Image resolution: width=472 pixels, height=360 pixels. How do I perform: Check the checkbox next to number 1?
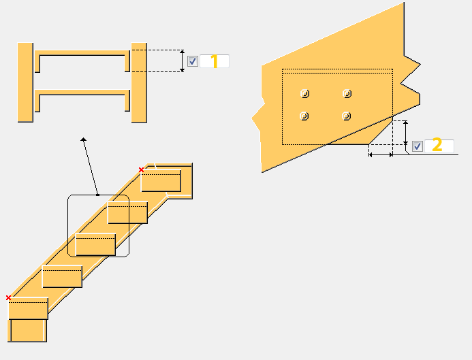193,61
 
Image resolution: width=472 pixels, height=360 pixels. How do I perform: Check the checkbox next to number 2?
418,146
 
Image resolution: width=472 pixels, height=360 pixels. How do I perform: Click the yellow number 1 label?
214,62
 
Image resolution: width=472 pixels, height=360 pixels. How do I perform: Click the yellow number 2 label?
437,145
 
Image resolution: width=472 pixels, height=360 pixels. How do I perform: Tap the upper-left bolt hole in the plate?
304,93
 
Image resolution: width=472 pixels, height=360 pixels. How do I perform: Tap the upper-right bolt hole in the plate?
347,93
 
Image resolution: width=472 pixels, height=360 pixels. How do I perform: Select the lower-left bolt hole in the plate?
304,116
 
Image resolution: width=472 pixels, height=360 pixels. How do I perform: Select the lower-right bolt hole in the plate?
347,116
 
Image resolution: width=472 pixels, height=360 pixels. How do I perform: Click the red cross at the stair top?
142,169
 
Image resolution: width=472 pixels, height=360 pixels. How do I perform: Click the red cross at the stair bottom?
8,297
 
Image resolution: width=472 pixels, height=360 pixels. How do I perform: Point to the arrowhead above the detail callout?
84,139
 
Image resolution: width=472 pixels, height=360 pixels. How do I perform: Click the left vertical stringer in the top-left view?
25,82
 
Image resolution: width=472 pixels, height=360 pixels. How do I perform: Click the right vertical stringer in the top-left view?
139,82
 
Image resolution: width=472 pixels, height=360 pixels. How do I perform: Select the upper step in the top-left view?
82,53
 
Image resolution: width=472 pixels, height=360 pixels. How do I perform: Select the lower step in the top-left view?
82,93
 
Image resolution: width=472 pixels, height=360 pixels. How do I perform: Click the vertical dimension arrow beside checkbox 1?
183,61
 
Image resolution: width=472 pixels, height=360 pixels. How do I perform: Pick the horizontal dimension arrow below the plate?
380,155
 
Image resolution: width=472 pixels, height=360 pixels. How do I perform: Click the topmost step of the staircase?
161,181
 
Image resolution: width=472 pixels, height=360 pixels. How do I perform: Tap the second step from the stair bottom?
62,277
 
